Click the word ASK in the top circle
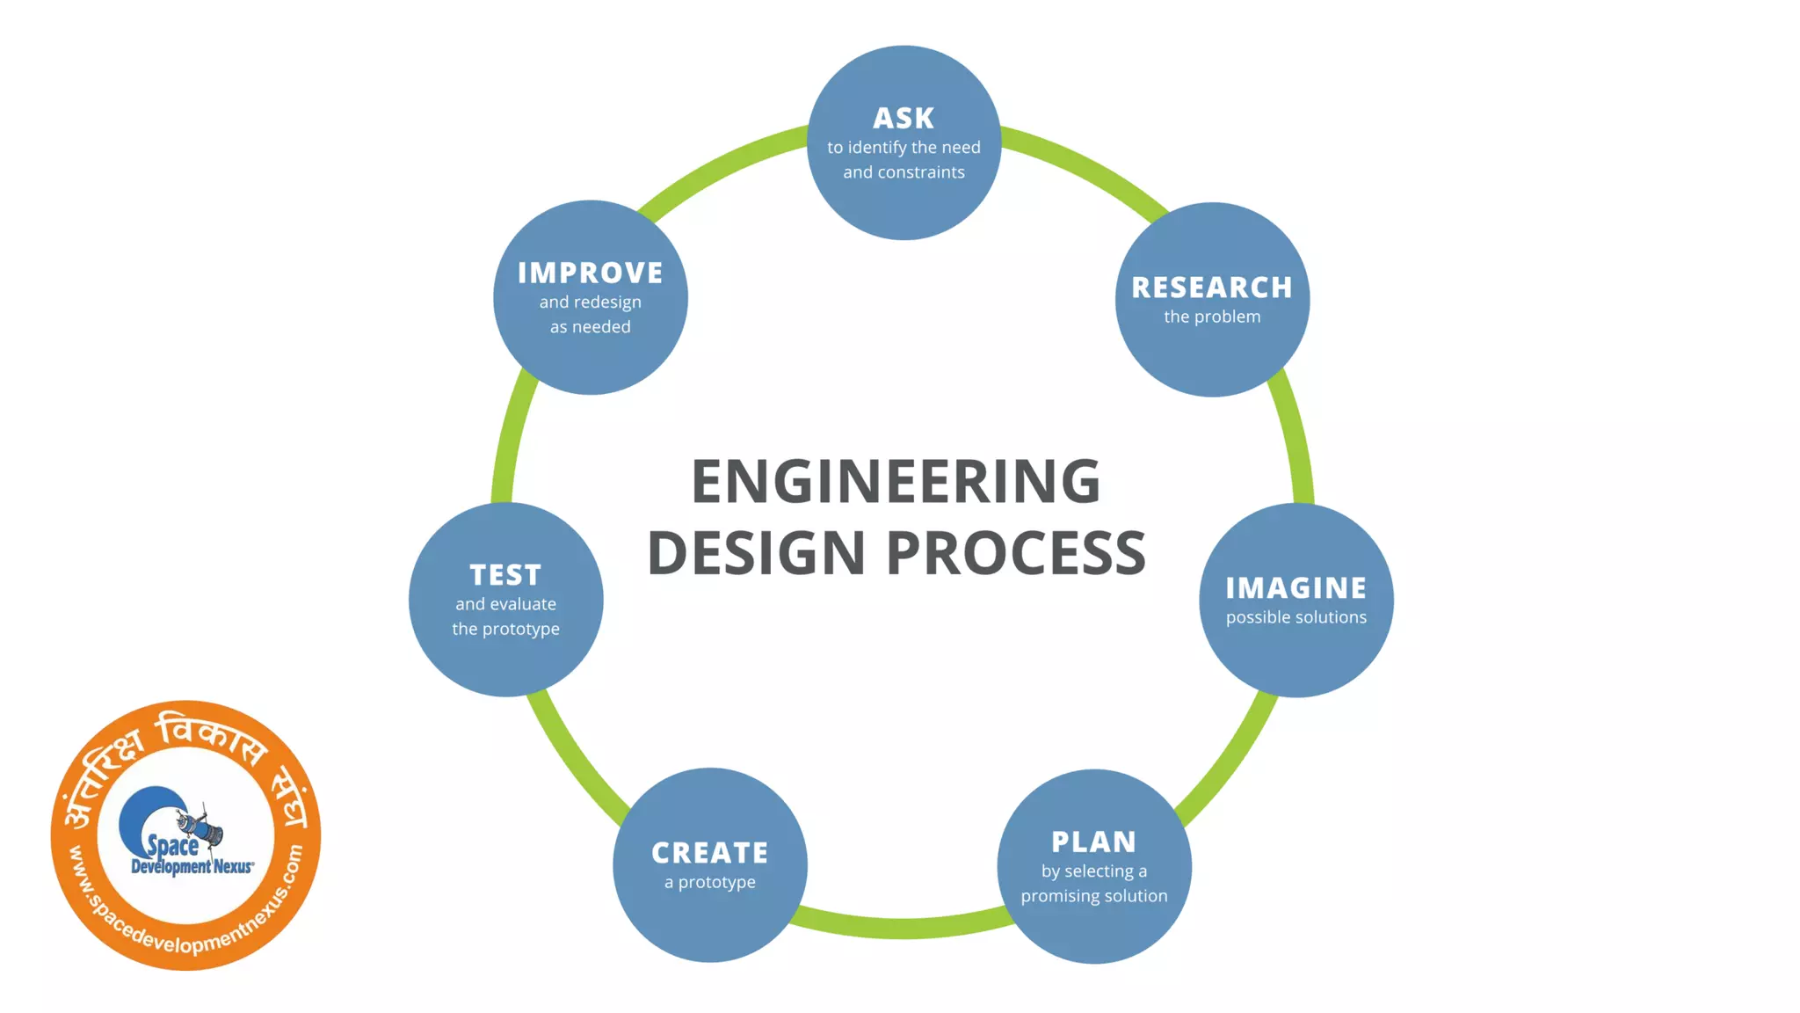(x=904, y=118)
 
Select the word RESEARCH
(x=1212, y=288)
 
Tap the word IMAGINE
(x=1296, y=588)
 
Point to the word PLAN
(x=1094, y=842)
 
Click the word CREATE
(x=710, y=853)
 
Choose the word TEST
(x=505, y=575)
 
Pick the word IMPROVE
(x=591, y=273)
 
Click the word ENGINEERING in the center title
(x=896, y=482)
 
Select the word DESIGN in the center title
(x=757, y=553)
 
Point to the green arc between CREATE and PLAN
(x=902, y=929)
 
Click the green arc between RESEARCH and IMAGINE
(x=1296, y=440)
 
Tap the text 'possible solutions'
(x=1296, y=617)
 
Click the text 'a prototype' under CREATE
(x=710, y=882)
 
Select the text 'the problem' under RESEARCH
(x=1212, y=317)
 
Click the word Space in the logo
(x=172, y=846)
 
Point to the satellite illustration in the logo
(x=200, y=826)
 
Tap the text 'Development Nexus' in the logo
(x=192, y=867)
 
